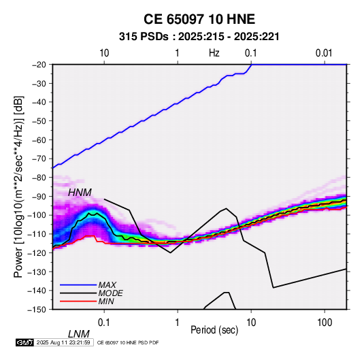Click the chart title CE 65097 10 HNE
(199, 19)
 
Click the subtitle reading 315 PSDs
(144, 37)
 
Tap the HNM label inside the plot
(80, 193)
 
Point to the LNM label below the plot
(79, 334)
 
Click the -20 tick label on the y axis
(39, 65)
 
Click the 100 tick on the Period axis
(325, 323)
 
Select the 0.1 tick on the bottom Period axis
(104, 323)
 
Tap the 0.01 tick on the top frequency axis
(324, 53)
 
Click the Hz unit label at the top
(214, 53)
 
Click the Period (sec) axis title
(214, 330)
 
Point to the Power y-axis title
(18, 186)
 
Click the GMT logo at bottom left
(25, 342)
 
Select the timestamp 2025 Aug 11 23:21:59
(63, 342)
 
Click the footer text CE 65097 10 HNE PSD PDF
(128, 343)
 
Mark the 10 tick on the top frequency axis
(104, 53)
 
